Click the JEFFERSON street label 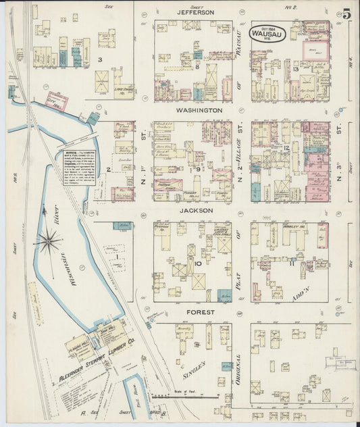click(x=195, y=12)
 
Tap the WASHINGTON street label click(x=199, y=110)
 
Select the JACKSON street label click(x=196, y=211)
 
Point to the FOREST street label click(x=199, y=312)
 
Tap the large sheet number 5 click(x=346, y=14)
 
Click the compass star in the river click(x=49, y=241)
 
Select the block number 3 click(x=99, y=60)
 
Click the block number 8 click(x=197, y=66)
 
